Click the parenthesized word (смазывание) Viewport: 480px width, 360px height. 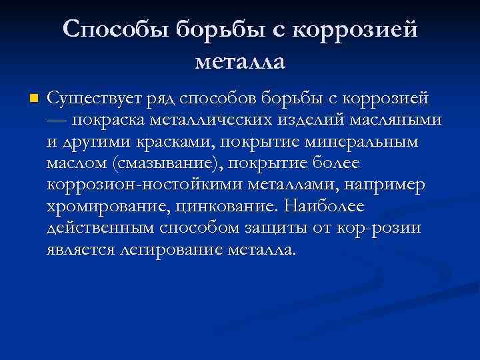(x=160, y=163)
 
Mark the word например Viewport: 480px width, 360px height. (x=387, y=185)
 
